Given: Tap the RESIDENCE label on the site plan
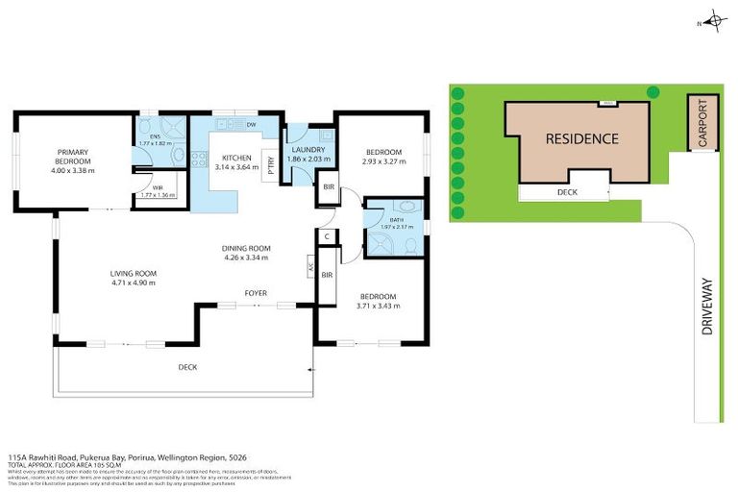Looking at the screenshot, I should click(582, 138).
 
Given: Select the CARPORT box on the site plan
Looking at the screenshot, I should click(702, 122).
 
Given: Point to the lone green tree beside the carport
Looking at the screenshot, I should click(652, 92).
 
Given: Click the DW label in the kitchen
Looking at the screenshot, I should click(250, 126).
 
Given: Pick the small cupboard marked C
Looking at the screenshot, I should click(328, 234).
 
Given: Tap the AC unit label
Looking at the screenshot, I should click(309, 267).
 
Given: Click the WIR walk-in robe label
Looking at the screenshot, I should click(146, 188).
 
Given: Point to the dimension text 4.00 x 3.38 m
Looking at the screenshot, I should click(73, 170).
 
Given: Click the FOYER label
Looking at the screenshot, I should click(255, 292).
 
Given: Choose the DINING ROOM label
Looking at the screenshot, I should click(245, 246).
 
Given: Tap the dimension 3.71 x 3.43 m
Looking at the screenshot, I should click(380, 307).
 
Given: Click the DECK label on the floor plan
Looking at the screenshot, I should click(187, 367).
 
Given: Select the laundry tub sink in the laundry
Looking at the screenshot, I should click(325, 136).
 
